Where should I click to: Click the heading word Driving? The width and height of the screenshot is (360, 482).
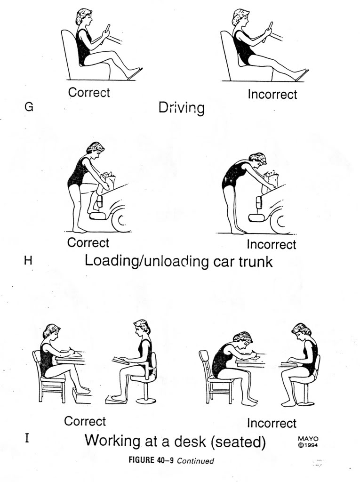(x=181, y=108)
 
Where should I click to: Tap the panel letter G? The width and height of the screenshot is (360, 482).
(x=28, y=107)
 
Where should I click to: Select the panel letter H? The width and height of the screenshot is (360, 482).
(x=28, y=260)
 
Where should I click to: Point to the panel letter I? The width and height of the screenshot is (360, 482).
(x=27, y=439)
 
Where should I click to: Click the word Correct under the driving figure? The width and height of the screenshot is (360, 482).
(x=89, y=92)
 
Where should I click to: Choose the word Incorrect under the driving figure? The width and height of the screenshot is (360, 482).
(x=272, y=95)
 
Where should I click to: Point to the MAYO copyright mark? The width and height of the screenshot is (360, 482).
(x=308, y=442)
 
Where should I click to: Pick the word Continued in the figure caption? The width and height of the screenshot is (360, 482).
(x=195, y=461)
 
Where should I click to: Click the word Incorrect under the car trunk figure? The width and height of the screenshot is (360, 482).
(x=272, y=245)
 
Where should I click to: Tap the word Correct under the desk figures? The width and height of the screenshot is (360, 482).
(x=85, y=421)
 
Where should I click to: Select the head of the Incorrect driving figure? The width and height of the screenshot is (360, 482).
(x=240, y=18)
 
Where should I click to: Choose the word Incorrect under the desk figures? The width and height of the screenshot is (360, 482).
(x=272, y=423)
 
